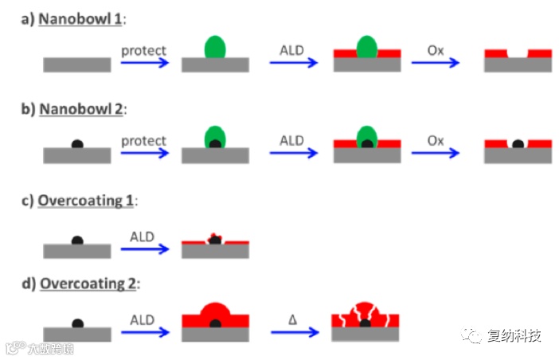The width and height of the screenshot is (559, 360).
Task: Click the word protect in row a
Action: [x=143, y=51]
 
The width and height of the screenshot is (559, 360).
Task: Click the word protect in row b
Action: [x=143, y=141]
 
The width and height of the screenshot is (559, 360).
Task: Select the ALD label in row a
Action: [x=291, y=51]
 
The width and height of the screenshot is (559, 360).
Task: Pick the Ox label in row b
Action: [x=435, y=141]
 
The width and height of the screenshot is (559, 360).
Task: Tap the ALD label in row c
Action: [x=143, y=237]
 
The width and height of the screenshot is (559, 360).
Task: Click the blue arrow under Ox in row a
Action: [x=436, y=63]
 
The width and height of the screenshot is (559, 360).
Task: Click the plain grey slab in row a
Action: [x=77, y=65]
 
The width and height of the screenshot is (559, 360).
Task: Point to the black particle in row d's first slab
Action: [x=77, y=324]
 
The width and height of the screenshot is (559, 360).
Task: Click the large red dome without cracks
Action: [x=215, y=315]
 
